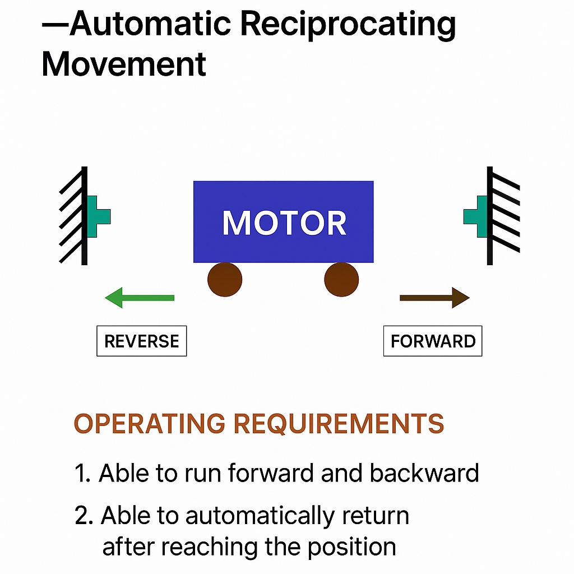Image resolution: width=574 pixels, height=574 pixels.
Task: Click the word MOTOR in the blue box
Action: pos(284,223)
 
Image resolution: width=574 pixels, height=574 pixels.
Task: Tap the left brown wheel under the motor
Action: pos(225,279)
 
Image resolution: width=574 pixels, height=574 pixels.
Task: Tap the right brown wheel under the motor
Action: pos(341,279)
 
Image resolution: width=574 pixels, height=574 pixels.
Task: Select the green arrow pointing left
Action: pos(140,297)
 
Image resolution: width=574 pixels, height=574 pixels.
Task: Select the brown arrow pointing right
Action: pos(434,297)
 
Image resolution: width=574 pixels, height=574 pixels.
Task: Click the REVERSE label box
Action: pos(142,341)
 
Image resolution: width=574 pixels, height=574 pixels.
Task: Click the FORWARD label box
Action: pos(433,341)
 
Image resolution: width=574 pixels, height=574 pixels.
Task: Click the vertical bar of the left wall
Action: pos(84,216)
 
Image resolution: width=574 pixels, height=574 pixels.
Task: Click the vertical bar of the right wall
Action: pos(490,216)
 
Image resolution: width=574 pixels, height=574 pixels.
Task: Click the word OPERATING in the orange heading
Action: pos(150,424)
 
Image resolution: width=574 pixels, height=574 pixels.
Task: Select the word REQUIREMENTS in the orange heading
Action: pos(339,424)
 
